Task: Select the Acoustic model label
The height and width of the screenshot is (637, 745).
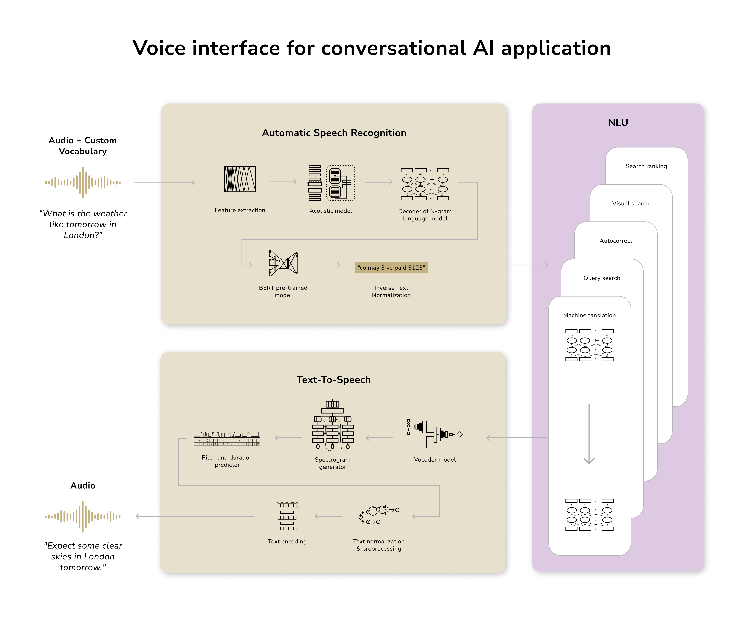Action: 331,211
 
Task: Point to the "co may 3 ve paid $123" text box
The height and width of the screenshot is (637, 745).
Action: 391,268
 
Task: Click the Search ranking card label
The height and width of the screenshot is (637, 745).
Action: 646,166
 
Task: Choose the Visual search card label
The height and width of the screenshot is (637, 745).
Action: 631,204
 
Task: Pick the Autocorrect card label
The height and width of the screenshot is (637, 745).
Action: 616,241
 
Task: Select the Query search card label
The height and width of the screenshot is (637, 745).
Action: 602,278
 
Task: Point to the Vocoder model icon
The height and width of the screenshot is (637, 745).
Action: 434,434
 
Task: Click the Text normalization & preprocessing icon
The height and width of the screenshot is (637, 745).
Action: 379,515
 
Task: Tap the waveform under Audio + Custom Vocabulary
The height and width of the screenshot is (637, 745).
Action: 83,182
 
